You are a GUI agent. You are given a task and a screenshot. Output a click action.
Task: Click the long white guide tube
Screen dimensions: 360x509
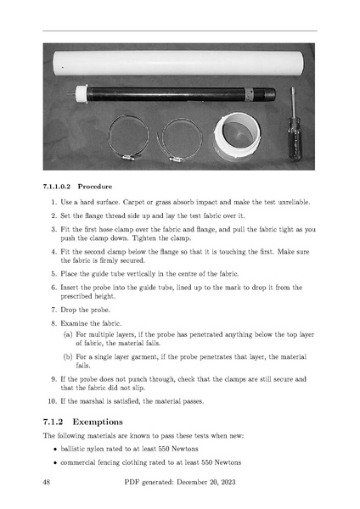click(x=178, y=64)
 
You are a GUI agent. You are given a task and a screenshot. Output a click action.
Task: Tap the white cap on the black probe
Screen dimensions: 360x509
click(x=82, y=94)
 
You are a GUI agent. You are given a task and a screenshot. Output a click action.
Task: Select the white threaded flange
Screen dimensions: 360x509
click(x=237, y=137)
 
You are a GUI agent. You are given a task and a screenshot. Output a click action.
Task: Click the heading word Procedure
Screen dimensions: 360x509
click(x=95, y=187)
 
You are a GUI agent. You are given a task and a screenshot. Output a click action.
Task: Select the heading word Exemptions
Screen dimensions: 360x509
click(x=98, y=422)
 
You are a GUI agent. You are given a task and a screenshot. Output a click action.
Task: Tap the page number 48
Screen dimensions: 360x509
click(x=47, y=482)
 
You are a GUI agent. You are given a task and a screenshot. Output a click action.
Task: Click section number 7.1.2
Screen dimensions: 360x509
click(x=53, y=422)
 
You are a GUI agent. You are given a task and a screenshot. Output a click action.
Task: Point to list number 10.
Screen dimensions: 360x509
click(x=52, y=401)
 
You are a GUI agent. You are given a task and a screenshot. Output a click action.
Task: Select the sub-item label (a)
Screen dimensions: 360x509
click(x=68, y=334)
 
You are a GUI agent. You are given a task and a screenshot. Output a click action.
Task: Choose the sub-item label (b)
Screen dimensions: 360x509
click(x=68, y=357)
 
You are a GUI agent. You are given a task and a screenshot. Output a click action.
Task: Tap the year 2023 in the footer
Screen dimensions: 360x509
click(x=228, y=482)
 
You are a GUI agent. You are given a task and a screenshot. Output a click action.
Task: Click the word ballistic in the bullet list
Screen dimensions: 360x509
click(x=72, y=449)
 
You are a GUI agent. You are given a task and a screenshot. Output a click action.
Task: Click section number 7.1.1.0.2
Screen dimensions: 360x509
click(x=57, y=187)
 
